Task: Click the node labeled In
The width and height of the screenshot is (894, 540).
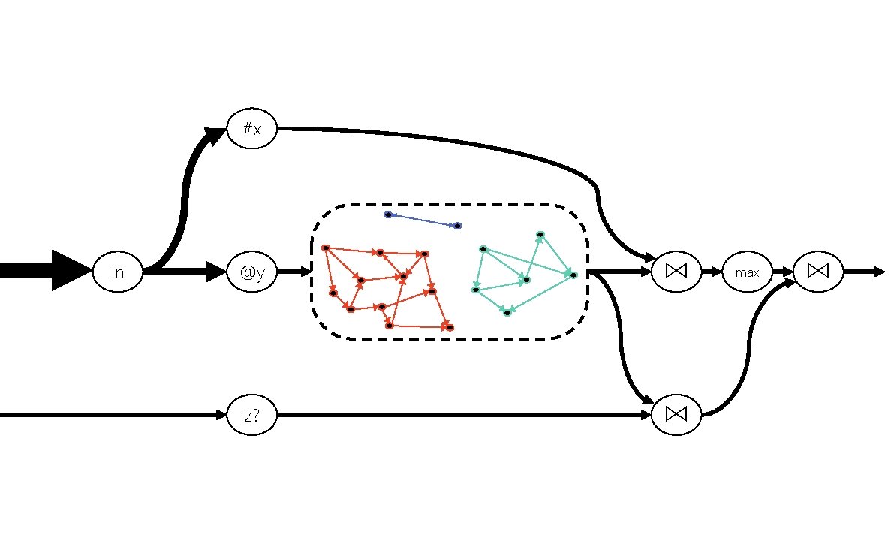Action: [x=118, y=272]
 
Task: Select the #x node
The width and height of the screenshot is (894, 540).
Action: [x=252, y=129]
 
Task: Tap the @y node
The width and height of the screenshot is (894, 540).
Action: [x=252, y=272]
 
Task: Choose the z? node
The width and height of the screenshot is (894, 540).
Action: [x=252, y=414]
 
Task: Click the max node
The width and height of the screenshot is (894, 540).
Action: [x=747, y=272]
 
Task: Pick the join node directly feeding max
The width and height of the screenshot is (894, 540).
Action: [x=676, y=272]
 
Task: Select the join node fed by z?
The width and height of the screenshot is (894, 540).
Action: [x=676, y=414]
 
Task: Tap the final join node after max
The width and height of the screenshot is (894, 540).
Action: [x=818, y=272]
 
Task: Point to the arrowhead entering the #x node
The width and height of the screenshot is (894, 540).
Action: [x=216, y=135]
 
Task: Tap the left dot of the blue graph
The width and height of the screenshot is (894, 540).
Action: [x=388, y=214]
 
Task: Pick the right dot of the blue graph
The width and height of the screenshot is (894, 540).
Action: [x=457, y=226]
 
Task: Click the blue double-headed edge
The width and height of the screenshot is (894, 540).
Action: [x=423, y=220]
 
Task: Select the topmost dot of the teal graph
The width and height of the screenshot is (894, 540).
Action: [x=540, y=235]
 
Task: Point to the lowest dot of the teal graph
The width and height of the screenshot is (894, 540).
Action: [x=507, y=312]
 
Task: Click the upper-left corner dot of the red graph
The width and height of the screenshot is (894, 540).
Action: [x=325, y=247]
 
